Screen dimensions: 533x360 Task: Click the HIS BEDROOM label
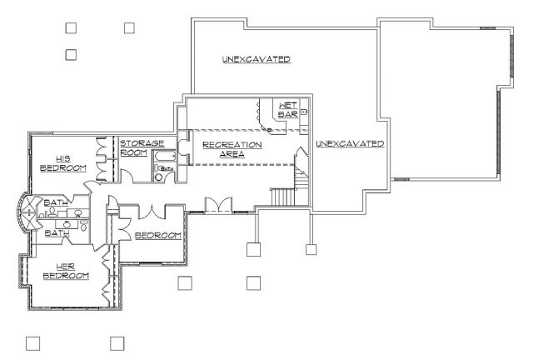click(63, 163)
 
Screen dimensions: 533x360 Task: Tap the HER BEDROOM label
click(66, 271)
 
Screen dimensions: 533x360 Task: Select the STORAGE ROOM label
click(142, 147)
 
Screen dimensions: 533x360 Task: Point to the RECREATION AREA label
click(232, 149)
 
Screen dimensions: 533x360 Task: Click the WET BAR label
click(288, 110)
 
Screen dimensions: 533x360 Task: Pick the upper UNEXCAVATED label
click(257, 59)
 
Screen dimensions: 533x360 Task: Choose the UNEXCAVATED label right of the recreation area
click(350, 143)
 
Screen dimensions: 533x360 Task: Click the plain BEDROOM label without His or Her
click(158, 236)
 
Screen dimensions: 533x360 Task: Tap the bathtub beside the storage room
click(165, 157)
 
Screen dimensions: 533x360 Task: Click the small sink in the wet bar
click(303, 112)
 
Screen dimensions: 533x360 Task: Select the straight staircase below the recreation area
click(282, 197)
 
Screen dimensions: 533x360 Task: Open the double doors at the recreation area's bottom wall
click(218, 205)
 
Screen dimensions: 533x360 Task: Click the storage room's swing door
click(127, 177)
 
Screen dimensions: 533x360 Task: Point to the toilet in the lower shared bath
click(84, 225)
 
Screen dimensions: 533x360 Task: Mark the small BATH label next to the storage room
click(167, 168)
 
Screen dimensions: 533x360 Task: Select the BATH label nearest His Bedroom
click(56, 202)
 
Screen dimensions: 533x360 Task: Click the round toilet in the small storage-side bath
click(159, 177)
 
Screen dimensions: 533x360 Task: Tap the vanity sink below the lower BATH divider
click(67, 224)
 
